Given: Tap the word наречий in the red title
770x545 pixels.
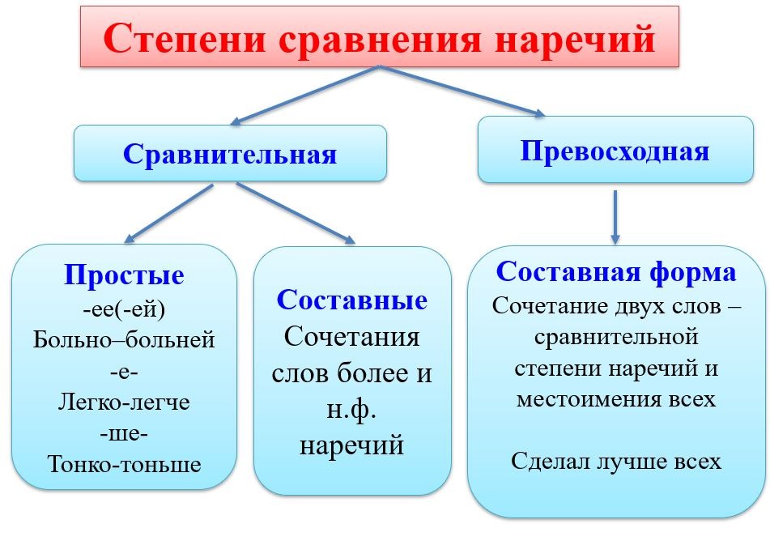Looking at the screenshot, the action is click(x=575, y=39).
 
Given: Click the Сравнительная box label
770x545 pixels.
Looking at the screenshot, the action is click(x=230, y=154).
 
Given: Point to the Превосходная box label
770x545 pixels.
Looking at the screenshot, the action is click(x=615, y=151).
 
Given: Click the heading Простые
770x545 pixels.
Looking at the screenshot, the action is click(x=124, y=275).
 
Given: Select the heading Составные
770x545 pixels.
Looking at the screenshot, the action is click(x=352, y=300).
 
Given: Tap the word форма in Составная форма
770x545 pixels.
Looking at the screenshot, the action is click(x=692, y=272).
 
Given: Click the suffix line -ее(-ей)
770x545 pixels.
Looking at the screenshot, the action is click(x=124, y=309).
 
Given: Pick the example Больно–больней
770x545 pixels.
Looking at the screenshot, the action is click(x=124, y=340).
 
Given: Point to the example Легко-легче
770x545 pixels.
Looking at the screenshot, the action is click(x=124, y=402).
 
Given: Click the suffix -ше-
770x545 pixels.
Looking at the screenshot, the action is click(x=124, y=434).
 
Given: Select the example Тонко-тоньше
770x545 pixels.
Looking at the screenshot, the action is click(x=124, y=464).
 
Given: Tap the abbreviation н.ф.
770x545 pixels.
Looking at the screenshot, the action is click(x=351, y=410).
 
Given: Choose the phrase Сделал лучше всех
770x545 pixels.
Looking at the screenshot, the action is click(x=616, y=461).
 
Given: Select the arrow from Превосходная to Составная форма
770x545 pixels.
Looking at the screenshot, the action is click(x=615, y=217).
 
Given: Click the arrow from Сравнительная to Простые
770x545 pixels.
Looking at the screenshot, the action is click(x=168, y=214).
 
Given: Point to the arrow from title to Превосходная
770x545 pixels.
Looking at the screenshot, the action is click(x=462, y=92).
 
